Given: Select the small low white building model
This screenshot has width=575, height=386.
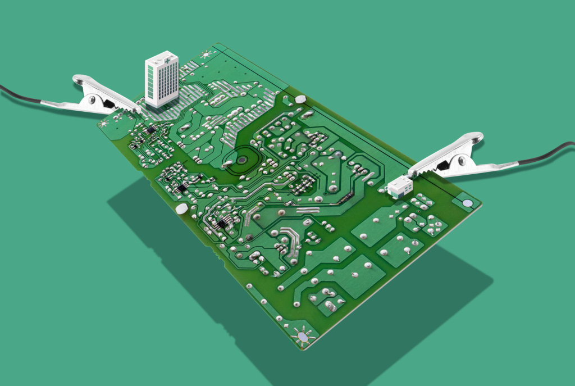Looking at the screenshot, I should pyautogui.click(x=400, y=186).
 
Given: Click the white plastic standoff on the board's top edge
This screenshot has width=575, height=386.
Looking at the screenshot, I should pyautogui.click(x=300, y=99).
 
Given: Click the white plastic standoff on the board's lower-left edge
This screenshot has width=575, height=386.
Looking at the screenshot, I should pyautogui.click(x=181, y=209).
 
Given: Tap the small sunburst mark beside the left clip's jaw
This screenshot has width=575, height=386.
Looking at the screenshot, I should pyautogui.click(x=104, y=122).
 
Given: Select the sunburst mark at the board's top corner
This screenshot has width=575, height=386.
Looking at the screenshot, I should pyautogui.click(x=206, y=54).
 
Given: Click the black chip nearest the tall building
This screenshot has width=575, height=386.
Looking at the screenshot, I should pyautogui.click(x=150, y=130).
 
